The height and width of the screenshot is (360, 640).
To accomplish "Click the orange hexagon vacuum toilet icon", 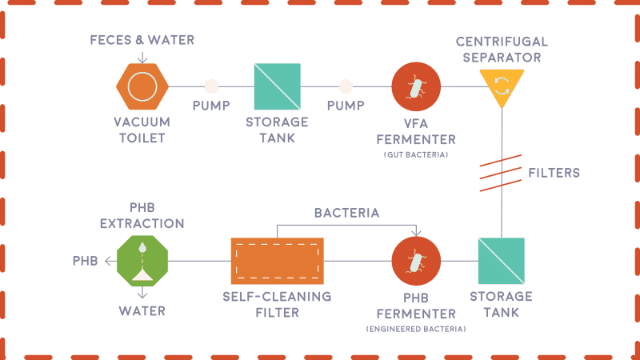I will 142,86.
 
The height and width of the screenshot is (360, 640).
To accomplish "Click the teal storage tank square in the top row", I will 277,86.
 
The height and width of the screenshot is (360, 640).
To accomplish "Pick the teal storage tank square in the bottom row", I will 501,261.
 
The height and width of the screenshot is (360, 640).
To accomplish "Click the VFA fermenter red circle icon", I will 416,86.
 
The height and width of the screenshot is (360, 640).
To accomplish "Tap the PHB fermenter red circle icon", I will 416,261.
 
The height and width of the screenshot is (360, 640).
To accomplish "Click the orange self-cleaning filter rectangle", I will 277,261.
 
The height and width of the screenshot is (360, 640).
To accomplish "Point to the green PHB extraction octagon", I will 142,261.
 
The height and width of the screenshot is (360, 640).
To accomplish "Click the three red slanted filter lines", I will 501,172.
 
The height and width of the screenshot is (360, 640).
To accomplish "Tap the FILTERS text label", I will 554,172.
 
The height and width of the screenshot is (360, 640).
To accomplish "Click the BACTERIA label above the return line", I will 346,213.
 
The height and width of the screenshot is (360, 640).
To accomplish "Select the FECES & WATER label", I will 142,40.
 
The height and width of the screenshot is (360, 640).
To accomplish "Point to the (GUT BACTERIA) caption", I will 416,153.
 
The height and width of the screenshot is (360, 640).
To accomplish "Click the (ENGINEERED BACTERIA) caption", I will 416,329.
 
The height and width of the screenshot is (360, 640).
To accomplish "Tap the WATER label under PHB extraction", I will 142,311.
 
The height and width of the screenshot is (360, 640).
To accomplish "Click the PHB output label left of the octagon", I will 85,261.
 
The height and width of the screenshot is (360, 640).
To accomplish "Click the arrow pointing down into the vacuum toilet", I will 142,56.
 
